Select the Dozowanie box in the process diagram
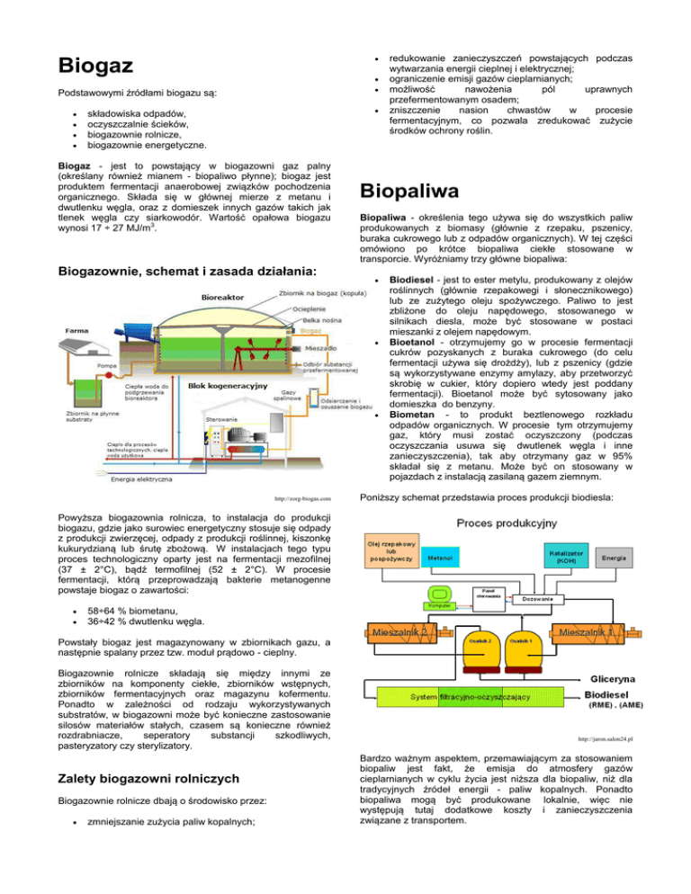(541, 598)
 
